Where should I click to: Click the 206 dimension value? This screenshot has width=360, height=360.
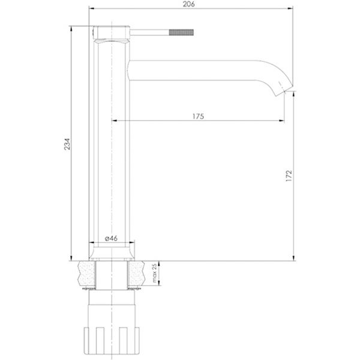click(x=188, y=4)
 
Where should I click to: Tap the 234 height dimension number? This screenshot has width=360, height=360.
click(x=67, y=144)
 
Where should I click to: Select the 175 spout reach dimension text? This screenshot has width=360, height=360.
click(x=198, y=116)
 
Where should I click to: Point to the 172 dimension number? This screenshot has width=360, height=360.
click(x=289, y=176)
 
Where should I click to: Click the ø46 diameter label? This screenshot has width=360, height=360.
click(x=111, y=238)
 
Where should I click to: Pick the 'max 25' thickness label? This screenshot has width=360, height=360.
click(x=154, y=273)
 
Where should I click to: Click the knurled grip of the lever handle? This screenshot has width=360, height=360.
click(x=182, y=32)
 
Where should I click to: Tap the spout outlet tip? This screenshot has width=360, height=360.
click(x=285, y=91)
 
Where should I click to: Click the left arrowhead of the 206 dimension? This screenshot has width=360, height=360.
click(x=92, y=8)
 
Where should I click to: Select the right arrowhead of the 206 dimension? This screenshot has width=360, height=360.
click(x=290, y=8)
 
